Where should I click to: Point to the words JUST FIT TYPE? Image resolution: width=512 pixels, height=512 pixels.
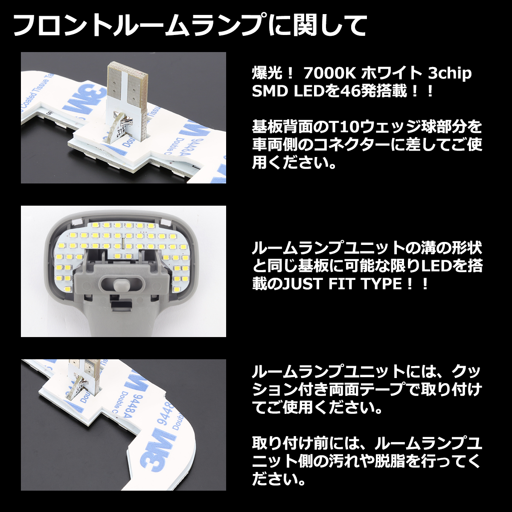pyautogui.click(x=343, y=284)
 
